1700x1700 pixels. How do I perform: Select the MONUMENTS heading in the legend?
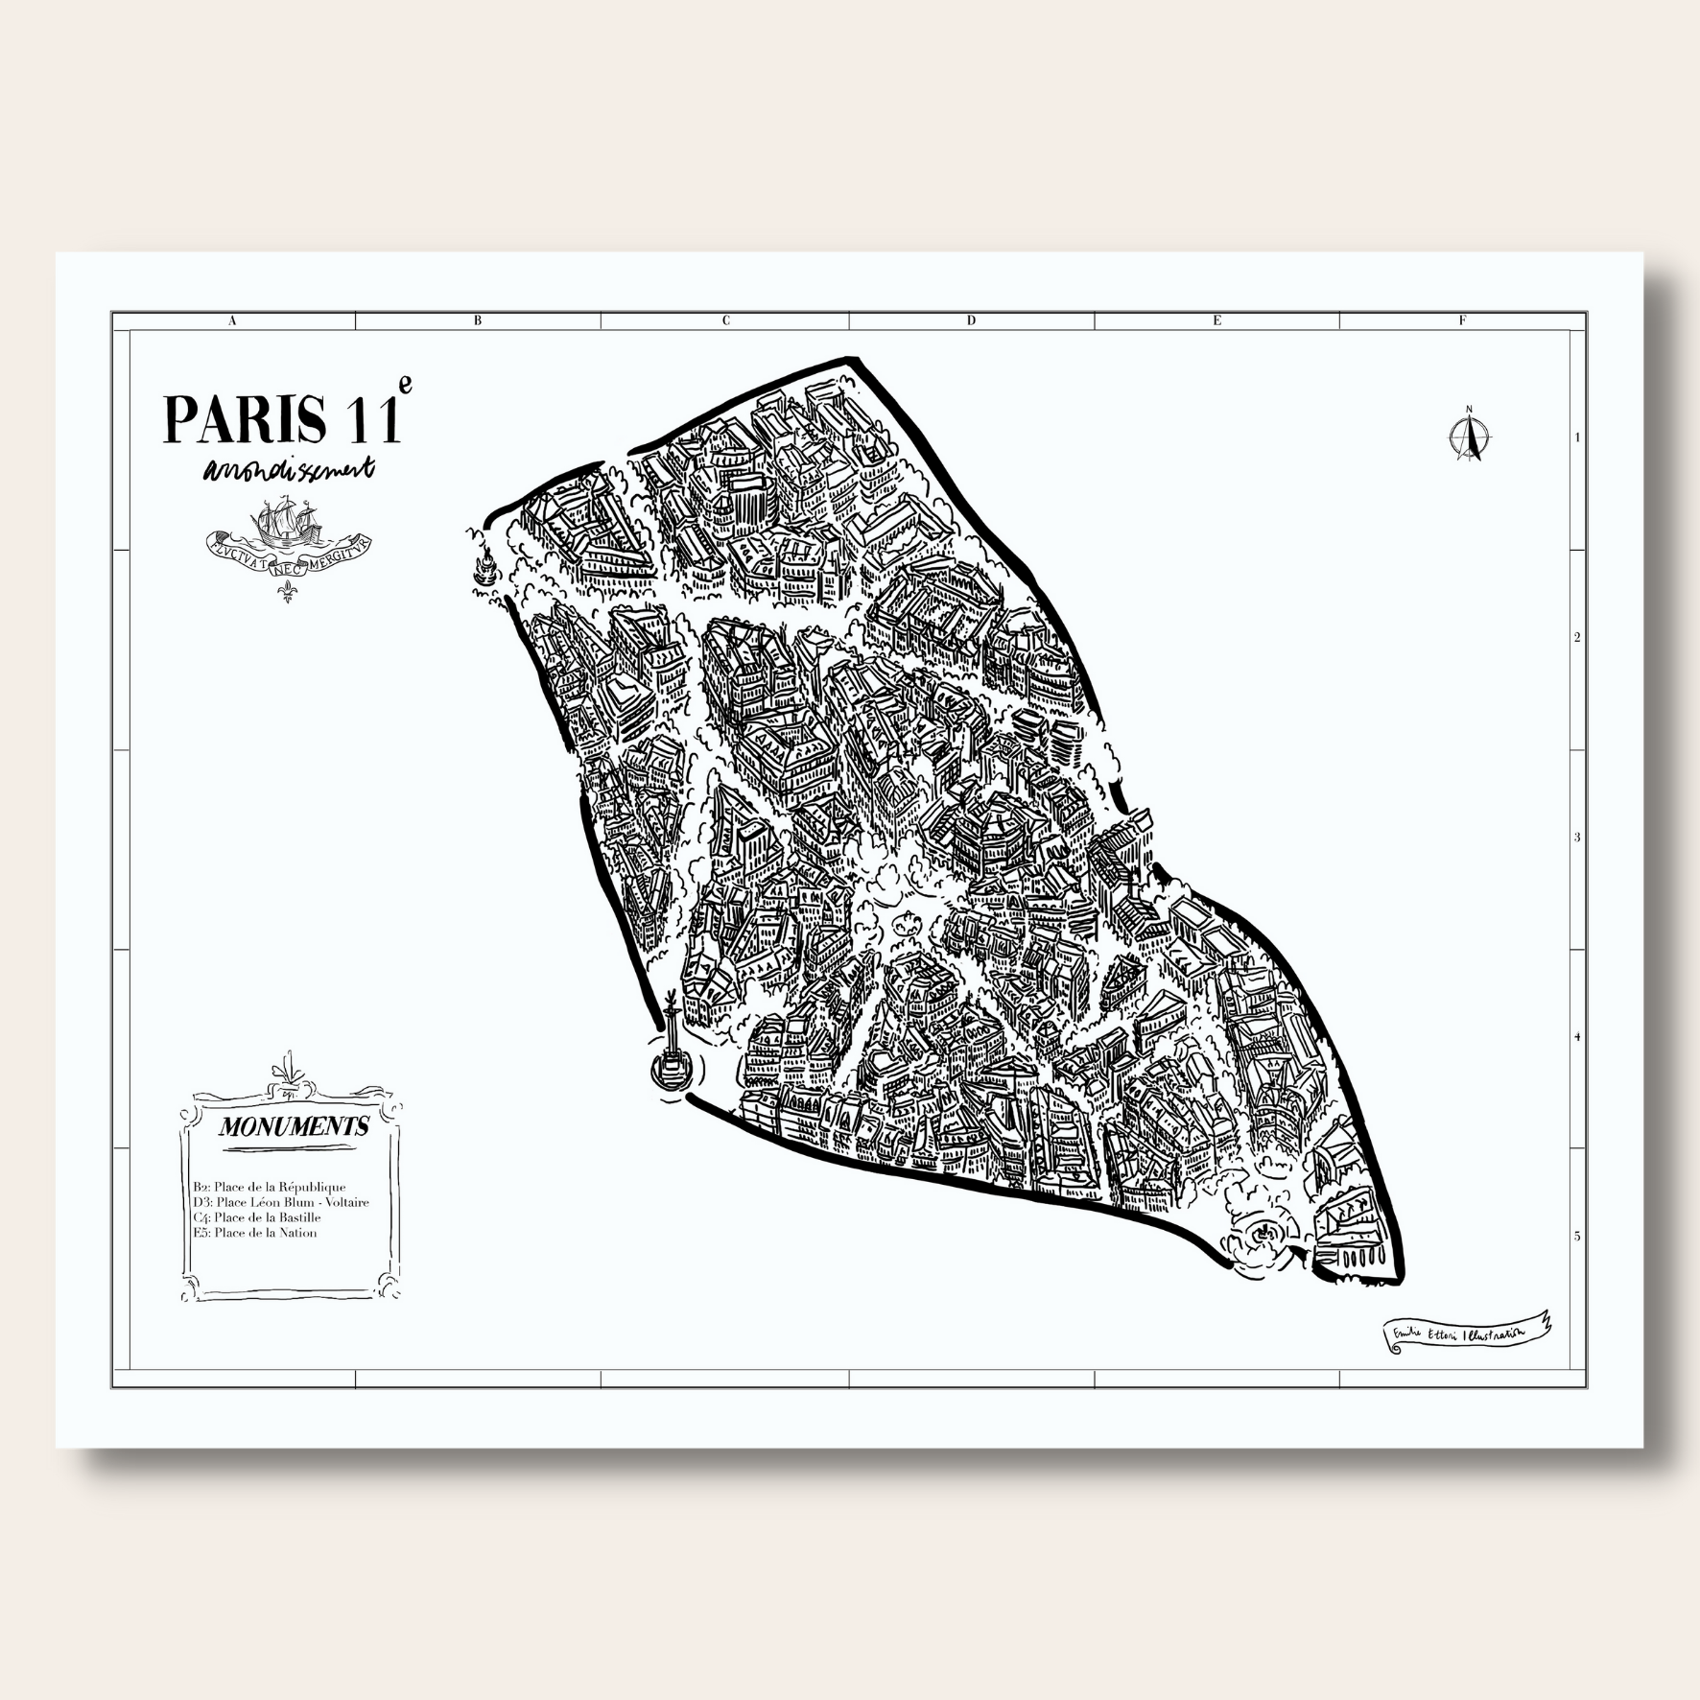click(294, 1126)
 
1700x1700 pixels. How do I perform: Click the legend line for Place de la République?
click(269, 1187)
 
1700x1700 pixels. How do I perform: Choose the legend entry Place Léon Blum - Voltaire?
click(280, 1202)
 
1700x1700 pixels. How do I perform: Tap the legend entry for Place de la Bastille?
click(256, 1217)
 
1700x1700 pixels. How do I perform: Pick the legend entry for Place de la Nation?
click(254, 1233)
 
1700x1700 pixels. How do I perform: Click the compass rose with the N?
click(1468, 437)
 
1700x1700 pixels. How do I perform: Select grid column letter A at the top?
click(232, 321)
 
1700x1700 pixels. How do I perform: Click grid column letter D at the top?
click(971, 321)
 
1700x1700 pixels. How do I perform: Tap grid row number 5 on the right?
click(1577, 1237)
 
